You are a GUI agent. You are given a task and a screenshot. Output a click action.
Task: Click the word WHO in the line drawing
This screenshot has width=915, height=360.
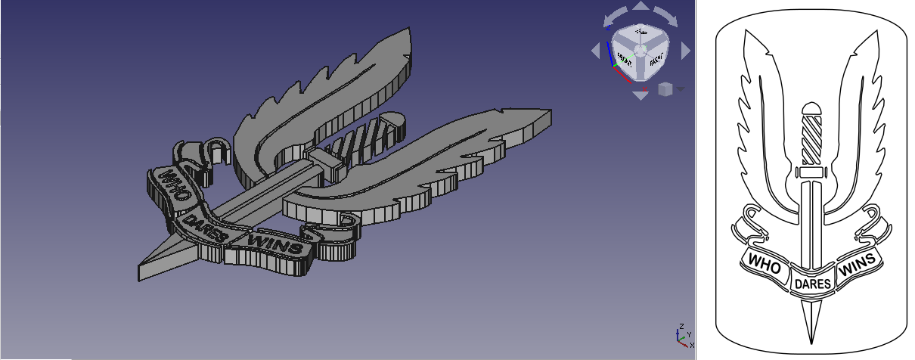pyautogui.click(x=764, y=262)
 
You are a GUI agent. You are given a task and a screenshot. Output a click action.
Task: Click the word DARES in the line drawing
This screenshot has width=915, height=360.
pyautogui.click(x=811, y=284)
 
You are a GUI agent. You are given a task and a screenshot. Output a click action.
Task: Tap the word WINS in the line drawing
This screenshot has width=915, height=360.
pyautogui.click(x=858, y=264)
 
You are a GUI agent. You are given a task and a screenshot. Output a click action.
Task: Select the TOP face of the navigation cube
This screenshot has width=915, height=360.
pyautogui.click(x=640, y=33)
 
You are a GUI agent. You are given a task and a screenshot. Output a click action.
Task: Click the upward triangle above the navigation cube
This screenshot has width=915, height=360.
pyautogui.click(x=640, y=6)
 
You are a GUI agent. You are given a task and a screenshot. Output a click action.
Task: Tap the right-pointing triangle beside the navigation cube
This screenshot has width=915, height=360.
pyautogui.click(x=685, y=51)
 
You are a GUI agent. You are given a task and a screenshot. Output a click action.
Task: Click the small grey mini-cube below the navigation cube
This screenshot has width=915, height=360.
pyautogui.click(x=665, y=89)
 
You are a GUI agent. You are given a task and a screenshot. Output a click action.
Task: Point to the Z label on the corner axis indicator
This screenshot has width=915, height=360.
pyautogui.click(x=681, y=326)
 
